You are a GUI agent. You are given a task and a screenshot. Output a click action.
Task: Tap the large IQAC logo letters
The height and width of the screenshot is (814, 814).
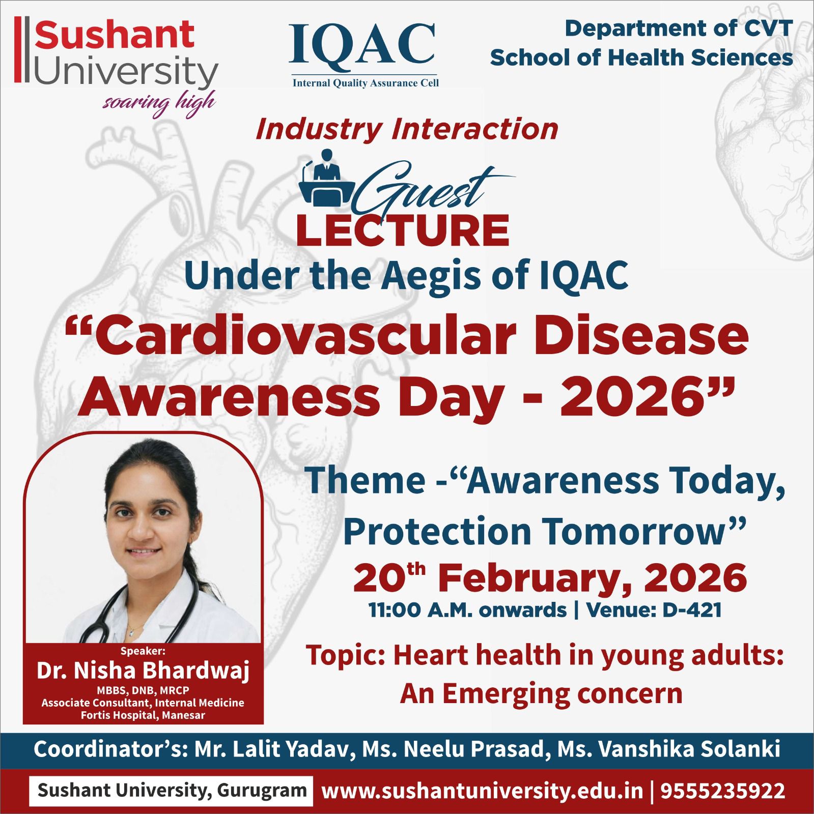(362, 45)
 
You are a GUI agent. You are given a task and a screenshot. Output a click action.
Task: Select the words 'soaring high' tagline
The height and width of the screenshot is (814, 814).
(159, 103)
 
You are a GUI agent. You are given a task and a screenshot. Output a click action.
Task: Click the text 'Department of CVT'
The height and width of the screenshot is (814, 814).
(679, 28)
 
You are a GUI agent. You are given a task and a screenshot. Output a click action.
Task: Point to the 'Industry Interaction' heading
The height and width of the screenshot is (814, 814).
(407, 129)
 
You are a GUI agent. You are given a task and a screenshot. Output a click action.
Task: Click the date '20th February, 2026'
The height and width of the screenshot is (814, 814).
(550, 578)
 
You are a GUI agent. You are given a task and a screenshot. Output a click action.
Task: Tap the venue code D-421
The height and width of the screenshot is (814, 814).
(692, 610)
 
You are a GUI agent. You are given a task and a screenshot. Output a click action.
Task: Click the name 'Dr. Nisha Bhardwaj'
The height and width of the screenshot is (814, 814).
(143, 671)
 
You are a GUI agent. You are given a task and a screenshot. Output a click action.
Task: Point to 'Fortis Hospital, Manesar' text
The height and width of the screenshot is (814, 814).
(143, 715)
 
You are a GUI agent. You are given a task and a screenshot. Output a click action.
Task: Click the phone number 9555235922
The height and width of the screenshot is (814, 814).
(723, 791)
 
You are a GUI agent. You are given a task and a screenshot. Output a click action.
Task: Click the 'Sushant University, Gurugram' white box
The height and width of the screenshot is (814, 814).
(171, 791)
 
